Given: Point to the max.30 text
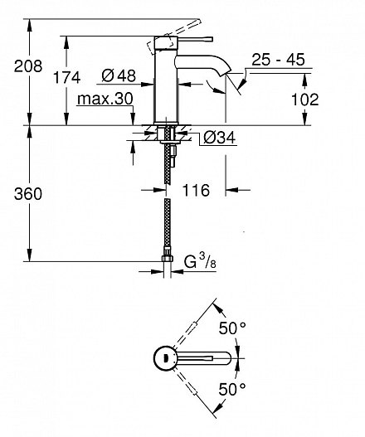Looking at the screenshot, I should pyautogui.click(x=105, y=100).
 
